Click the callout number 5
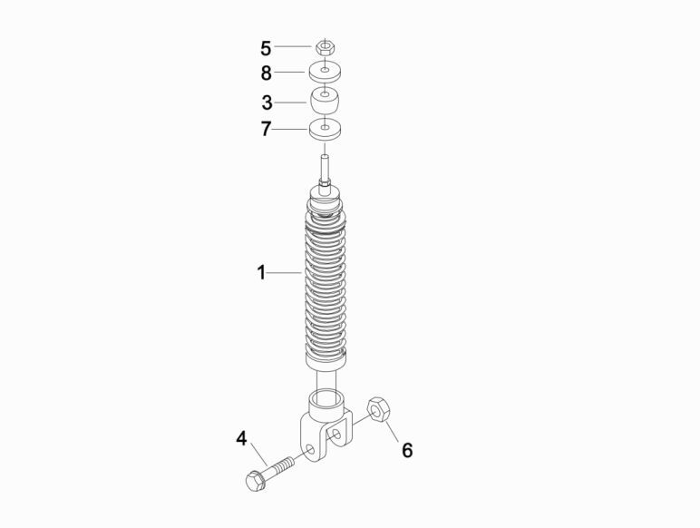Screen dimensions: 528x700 tap(266, 47)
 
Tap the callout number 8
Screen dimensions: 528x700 tap(266, 73)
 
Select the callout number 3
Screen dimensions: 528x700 tap(266, 103)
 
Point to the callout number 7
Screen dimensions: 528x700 tap(266, 129)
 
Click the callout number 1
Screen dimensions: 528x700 tap(261, 272)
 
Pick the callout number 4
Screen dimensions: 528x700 tap(241, 439)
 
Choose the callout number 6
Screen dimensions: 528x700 tap(407, 450)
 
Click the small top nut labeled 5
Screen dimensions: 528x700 tap(326, 46)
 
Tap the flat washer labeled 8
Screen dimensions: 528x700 tap(326, 72)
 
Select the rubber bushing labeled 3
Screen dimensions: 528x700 tap(326, 99)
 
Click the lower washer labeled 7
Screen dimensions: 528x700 tap(326, 129)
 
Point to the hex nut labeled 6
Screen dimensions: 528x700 tap(379, 410)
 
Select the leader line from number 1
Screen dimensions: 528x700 tap(285, 272)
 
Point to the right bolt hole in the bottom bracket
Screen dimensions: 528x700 tap(338, 435)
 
